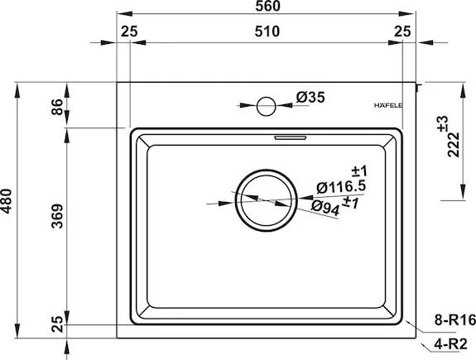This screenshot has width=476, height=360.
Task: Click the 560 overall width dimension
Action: (267, 6)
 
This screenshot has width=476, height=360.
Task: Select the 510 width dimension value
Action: (267, 31)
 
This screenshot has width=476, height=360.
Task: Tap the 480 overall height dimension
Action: (6, 201)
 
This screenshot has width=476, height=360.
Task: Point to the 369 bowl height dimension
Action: (57, 216)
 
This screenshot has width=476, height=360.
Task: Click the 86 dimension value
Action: (57, 107)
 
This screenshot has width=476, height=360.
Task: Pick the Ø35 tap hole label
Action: (310, 97)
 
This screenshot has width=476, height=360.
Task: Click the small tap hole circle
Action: (267, 106)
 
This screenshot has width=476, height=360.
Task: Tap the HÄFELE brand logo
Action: (388, 105)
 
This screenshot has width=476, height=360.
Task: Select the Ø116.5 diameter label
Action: (341, 187)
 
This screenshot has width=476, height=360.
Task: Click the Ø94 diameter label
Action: (325, 209)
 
